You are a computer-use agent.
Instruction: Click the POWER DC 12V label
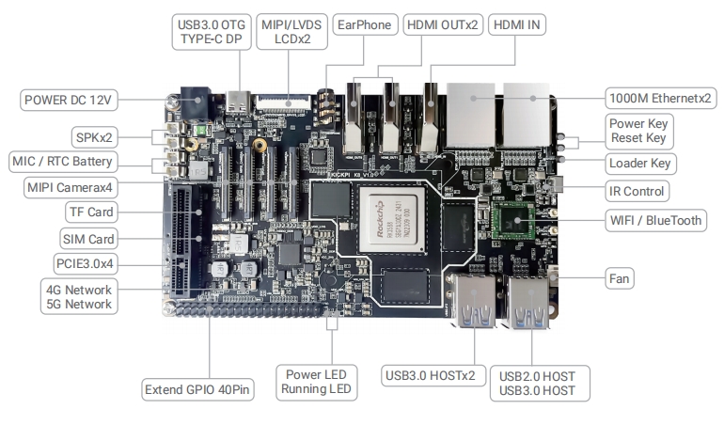(69, 100)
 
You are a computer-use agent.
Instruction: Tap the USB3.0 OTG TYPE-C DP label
(212, 32)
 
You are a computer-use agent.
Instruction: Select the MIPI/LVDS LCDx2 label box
(291, 32)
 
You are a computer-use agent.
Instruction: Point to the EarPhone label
(365, 25)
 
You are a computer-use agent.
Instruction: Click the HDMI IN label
(517, 25)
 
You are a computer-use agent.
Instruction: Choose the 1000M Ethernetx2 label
(660, 98)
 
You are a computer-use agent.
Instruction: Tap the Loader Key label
(640, 163)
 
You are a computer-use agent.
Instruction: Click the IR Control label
(637, 191)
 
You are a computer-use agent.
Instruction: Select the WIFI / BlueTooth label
(655, 220)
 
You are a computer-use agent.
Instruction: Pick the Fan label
(620, 278)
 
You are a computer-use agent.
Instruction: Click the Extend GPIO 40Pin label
(197, 390)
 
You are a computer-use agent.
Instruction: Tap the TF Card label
(91, 212)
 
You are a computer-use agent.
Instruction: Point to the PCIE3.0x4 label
(85, 264)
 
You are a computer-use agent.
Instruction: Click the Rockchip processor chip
(391, 219)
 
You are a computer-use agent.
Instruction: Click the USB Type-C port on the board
(239, 102)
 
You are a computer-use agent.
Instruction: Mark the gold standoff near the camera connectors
(260, 145)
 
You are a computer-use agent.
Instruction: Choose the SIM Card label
(88, 239)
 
